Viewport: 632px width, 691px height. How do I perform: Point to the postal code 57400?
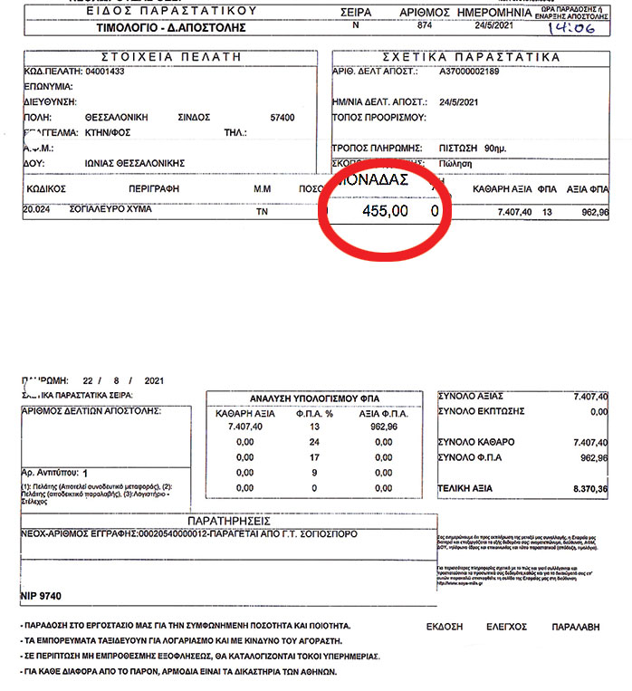tap(282, 117)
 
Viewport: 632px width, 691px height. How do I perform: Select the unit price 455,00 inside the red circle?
tap(385, 210)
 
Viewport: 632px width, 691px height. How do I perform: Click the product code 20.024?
tap(36, 210)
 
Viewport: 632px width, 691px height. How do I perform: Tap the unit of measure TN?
tap(263, 210)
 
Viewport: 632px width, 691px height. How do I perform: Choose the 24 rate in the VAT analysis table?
tap(316, 441)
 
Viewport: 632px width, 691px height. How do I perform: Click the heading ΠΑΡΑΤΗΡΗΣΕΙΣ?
tap(229, 523)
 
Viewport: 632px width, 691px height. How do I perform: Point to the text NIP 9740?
tap(42, 599)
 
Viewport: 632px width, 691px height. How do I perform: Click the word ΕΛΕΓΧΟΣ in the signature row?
tap(507, 626)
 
